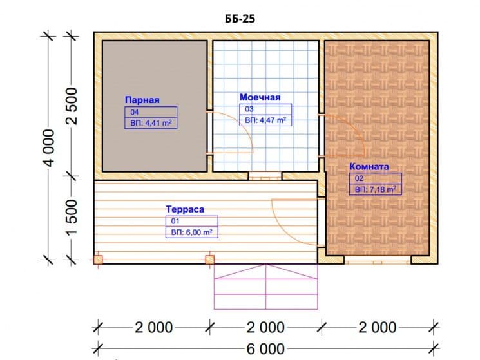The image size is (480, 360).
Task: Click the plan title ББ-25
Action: [240, 19]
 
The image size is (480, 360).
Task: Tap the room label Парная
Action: [142, 100]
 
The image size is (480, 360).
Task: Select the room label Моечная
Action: [260, 97]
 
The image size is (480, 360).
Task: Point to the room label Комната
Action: [369, 167]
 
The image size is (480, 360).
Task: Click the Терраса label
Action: [185, 209]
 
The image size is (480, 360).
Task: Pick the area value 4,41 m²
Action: [151, 123]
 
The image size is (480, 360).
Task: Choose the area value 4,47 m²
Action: [265, 120]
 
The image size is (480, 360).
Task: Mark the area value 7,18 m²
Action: [376, 189]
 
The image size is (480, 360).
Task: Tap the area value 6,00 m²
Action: [191, 232]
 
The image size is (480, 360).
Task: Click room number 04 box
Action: [151, 112]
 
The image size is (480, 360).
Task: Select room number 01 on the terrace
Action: [175, 221]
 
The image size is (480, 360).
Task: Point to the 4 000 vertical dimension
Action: [49, 147]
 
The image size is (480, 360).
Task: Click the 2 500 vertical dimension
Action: [72, 106]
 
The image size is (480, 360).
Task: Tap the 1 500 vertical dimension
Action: [72, 218]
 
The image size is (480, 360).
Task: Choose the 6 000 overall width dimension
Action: [265, 349]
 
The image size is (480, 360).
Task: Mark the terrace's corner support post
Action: [98, 260]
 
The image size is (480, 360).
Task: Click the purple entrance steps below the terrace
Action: [265, 287]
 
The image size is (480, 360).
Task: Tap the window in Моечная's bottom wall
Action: [265, 176]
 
